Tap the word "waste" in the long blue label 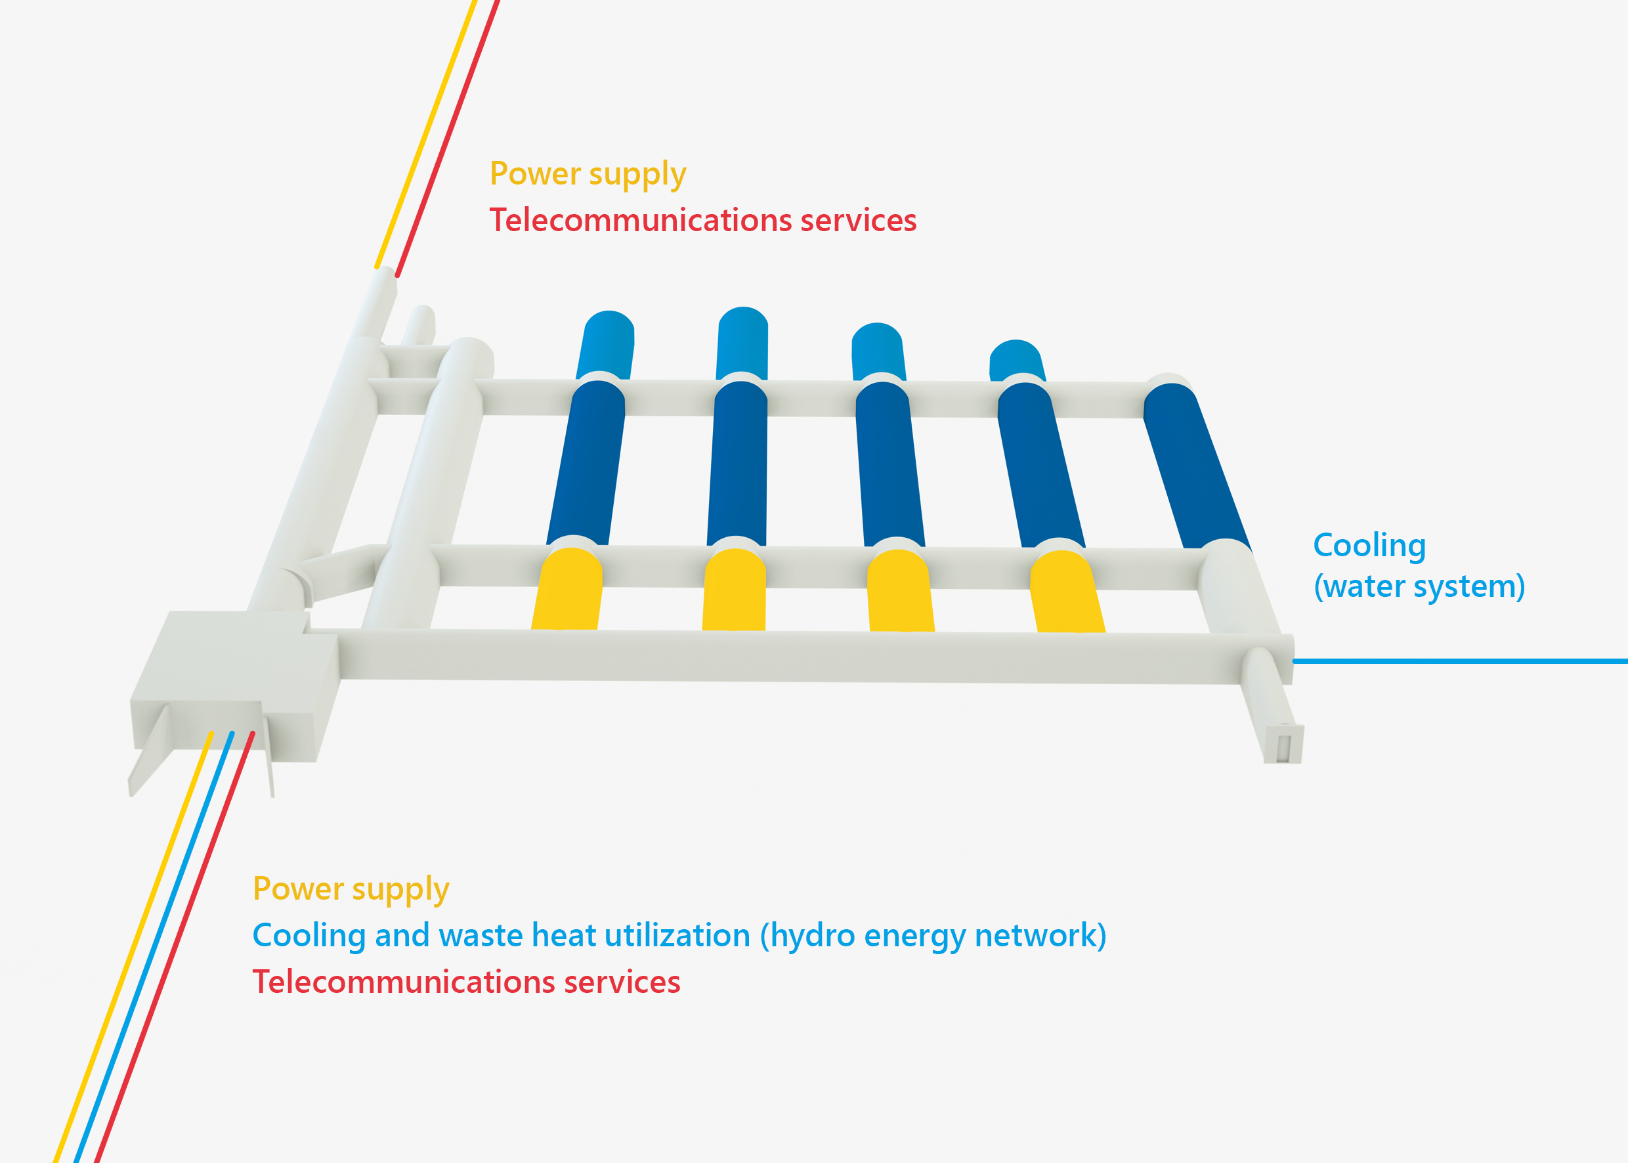pyautogui.click(x=480, y=936)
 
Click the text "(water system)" pyautogui.click(x=1419, y=586)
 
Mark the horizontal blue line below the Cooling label pyautogui.click(x=1461, y=661)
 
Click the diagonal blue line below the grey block pyautogui.click(x=153, y=947)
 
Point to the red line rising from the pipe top pyautogui.click(x=448, y=138)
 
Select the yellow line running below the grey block pyautogui.click(x=133, y=947)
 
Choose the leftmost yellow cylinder pyautogui.click(x=567, y=589)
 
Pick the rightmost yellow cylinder pyautogui.click(x=1067, y=592)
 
